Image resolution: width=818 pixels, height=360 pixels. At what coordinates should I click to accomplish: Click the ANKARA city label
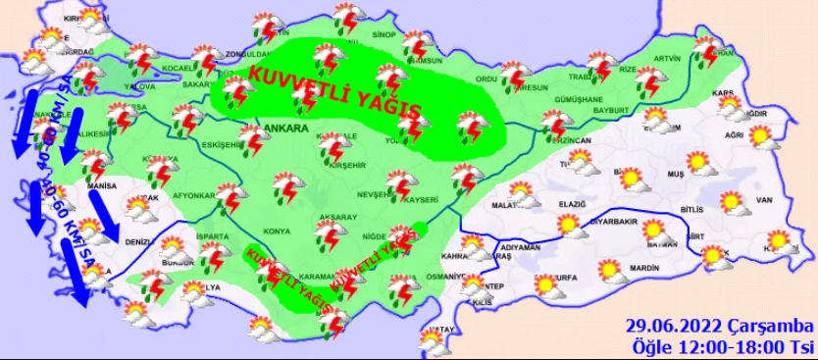pyautogui.click(x=286, y=128)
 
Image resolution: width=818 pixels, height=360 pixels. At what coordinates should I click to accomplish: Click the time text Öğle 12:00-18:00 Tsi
pyautogui.click(x=721, y=345)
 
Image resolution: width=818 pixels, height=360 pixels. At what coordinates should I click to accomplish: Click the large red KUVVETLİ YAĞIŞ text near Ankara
pyautogui.click(x=336, y=90)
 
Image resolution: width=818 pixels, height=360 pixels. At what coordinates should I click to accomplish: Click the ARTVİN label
pyautogui.click(x=666, y=58)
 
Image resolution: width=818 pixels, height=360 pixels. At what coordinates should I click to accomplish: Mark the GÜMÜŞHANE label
pyautogui.click(x=579, y=99)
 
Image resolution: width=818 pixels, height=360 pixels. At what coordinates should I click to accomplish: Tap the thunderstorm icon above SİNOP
pyautogui.click(x=349, y=18)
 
